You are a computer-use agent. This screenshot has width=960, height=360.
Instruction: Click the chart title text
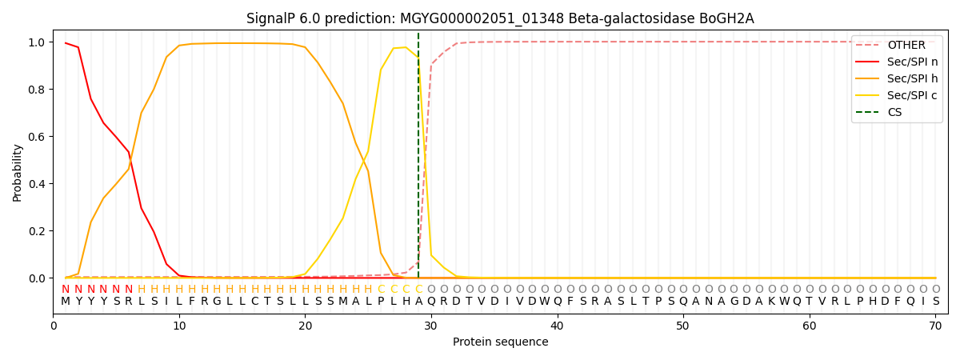coord(500,18)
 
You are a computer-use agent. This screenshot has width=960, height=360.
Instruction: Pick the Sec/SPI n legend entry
coord(910,62)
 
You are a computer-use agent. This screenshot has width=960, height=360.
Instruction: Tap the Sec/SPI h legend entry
coord(910,78)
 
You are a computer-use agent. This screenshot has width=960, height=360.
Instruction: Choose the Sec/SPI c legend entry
coord(910,95)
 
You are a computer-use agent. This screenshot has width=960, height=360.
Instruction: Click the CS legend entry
coord(894,112)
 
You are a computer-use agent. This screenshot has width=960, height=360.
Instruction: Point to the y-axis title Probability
coord(18,172)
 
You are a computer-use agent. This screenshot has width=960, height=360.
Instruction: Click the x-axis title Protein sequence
coord(500,342)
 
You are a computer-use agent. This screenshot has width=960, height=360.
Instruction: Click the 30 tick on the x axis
coord(430,326)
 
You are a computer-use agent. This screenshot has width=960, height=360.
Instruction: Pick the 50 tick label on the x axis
coord(682,326)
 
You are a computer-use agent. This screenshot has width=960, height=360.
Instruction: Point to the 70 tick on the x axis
coord(935,326)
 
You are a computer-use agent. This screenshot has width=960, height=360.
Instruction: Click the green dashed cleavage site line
coord(418,160)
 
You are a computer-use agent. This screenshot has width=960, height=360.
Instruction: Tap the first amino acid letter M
coord(66,302)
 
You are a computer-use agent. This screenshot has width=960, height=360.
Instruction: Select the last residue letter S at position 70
coord(935,302)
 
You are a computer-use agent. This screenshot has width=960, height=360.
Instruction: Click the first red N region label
coord(66,289)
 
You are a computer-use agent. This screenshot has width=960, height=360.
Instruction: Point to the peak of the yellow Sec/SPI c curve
coord(406,47)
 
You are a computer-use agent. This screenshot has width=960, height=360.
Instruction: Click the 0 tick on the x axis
coord(54,326)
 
